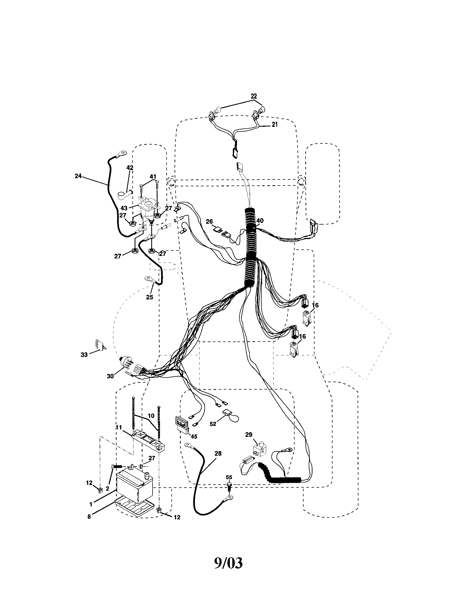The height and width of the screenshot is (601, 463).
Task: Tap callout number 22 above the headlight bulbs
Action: click(x=254, y=96)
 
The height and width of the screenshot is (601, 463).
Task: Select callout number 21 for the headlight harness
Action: click(x=275, y=124)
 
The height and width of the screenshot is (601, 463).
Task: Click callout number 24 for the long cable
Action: click(x=78, y=176)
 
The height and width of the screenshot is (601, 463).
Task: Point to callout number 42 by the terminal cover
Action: click(x=130, y=167)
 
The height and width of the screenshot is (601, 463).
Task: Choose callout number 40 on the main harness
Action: click(x=260, y=220)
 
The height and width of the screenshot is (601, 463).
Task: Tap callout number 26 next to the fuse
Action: click(x=209, y=221)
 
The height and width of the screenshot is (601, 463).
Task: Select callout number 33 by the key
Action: click(x=84, y=355)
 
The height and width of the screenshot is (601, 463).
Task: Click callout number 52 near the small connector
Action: click(x=213, y=424)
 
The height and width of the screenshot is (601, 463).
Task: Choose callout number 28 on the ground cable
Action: click(x=218, y=453)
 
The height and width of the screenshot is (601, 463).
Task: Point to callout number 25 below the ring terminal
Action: click(x=149, y=297)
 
